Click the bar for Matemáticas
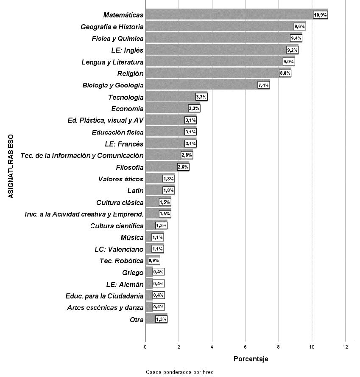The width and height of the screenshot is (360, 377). click(x=229, y=15)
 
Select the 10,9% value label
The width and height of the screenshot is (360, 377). click(x=320, y=15)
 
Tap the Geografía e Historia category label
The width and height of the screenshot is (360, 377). click(x=112, y=27)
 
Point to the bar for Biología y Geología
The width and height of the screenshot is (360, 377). click(x=201, y=85)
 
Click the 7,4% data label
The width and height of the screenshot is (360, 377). click(x=263, y=85)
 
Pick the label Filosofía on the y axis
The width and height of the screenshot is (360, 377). click(x=129, y=167)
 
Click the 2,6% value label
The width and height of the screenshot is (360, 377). click(x=183, y=167)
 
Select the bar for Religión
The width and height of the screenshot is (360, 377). click(x=212, y=73)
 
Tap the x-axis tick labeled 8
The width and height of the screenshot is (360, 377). click(x=279, y=347)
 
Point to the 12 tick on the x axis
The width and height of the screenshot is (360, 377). click(x=345, y=347)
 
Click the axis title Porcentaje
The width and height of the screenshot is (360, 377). click(x=251, y=359)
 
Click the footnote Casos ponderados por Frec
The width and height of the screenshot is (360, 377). click(x=179, y=372)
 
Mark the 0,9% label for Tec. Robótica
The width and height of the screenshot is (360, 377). click(x=154, y=260)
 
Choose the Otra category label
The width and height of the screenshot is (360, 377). click(x=137, y=320)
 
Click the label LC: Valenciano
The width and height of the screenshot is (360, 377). click(x=119, y=249)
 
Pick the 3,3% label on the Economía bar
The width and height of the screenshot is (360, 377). click(x=194, y=109)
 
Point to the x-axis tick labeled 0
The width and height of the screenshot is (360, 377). click(x=145, y=347)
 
